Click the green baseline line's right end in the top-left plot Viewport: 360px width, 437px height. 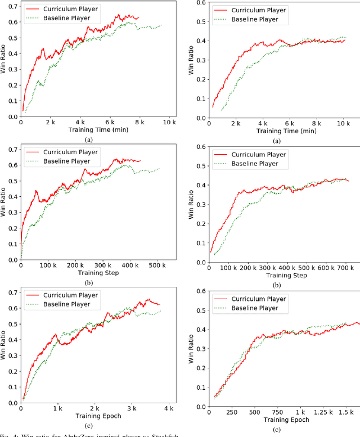162,25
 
